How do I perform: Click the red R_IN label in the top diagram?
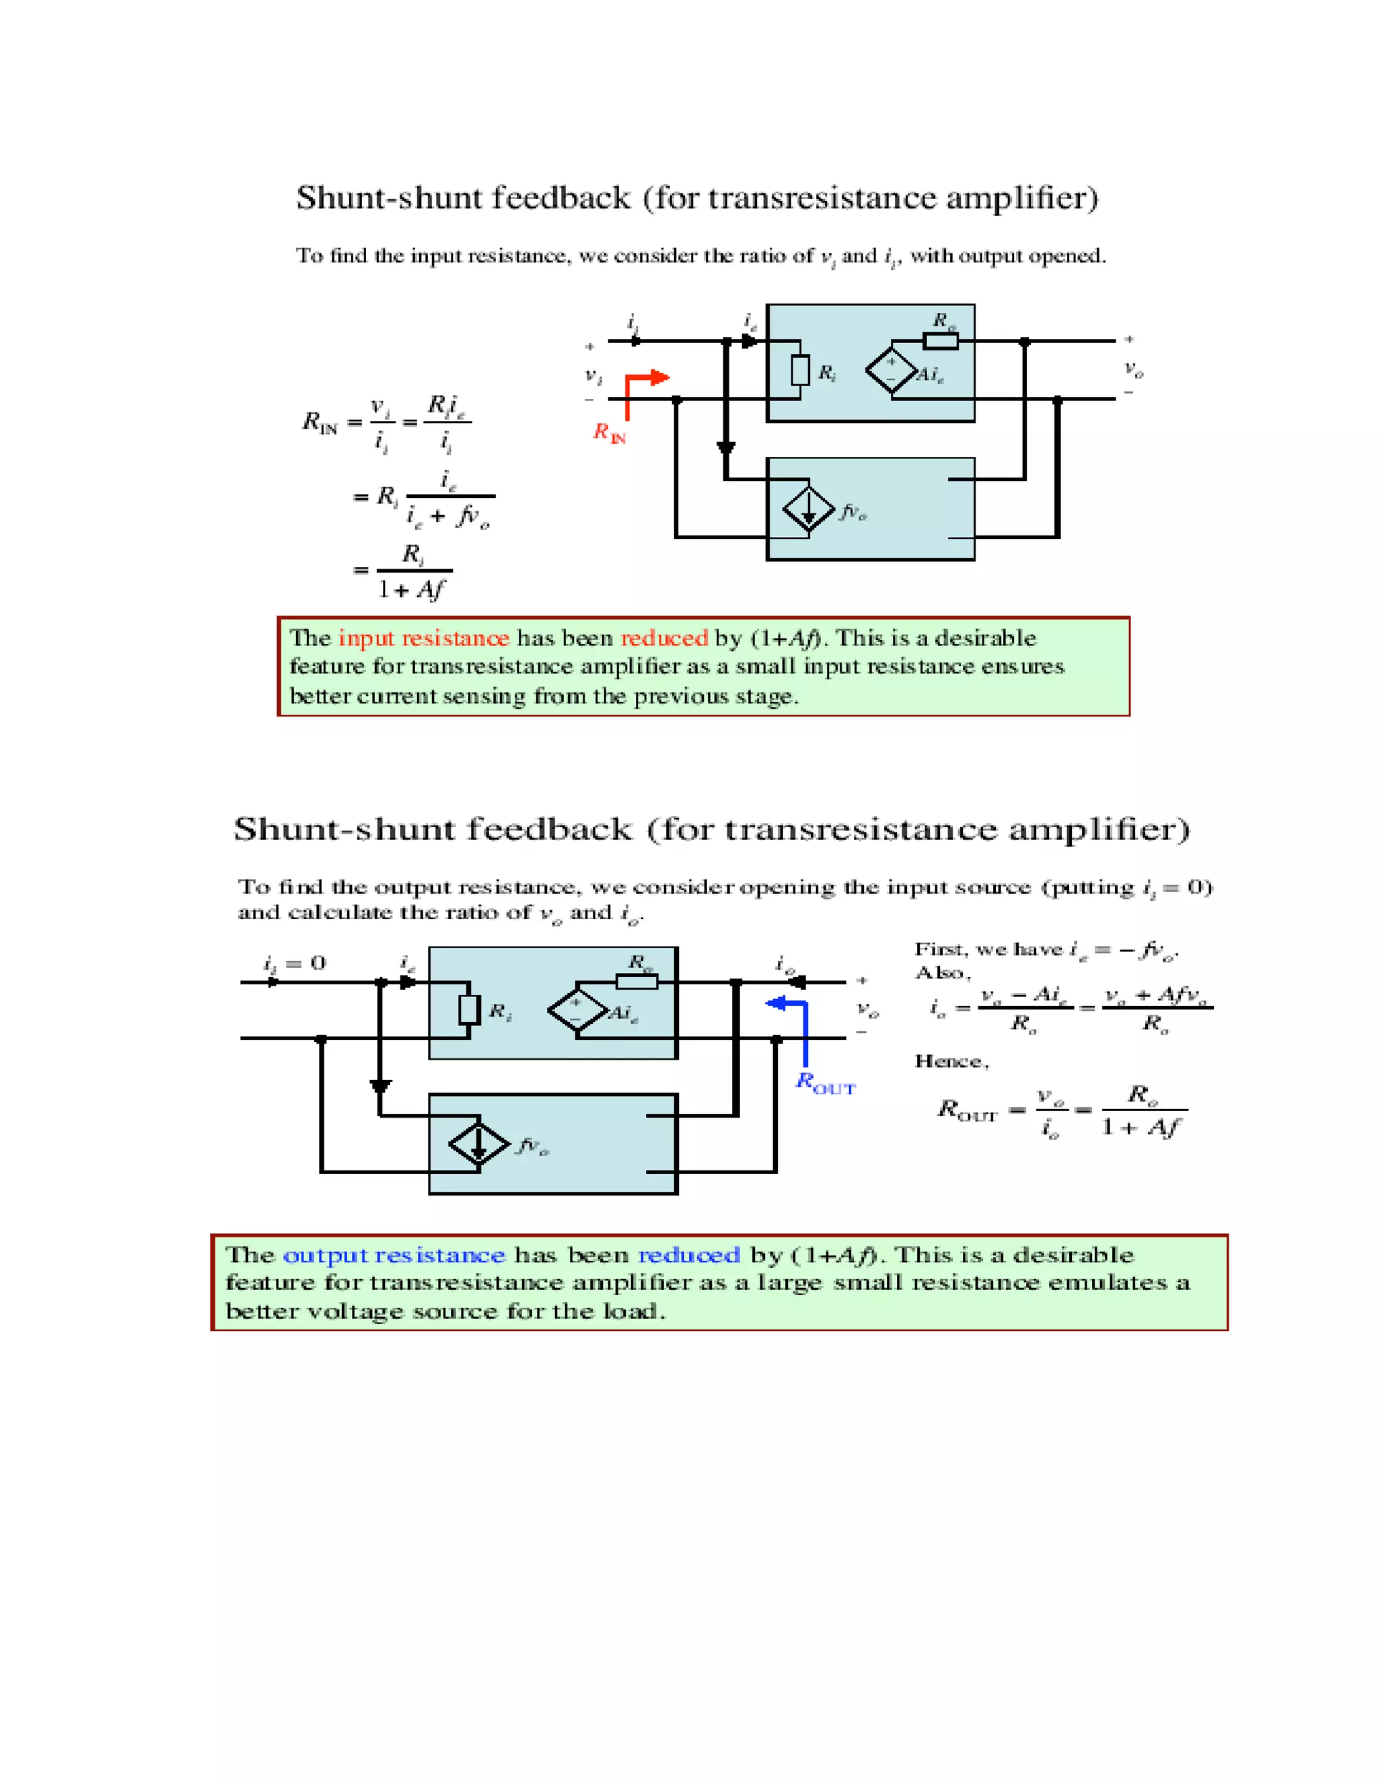point(609,432)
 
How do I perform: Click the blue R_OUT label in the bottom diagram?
point(824,1083)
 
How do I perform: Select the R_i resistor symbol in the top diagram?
point(800,371)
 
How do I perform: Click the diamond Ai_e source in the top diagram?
point(892,371)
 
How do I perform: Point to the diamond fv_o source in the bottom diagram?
point(479,1143)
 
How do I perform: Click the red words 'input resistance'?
point(424,639)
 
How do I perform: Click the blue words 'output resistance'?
point(394,1255)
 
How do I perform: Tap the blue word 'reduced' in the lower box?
point(688,1255)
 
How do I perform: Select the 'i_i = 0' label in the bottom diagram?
point(294,963)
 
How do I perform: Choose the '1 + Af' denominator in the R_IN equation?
point(411,589)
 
